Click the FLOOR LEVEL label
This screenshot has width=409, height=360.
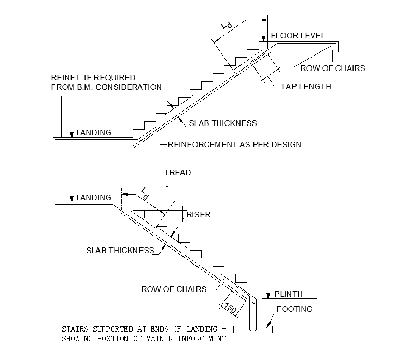(298, 36)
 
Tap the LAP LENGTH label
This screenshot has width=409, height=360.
(306, 87)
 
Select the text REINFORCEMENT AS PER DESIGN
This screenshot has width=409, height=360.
(234, 144)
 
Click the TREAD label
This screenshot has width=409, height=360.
(177, 173)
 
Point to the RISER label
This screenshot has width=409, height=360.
(199, 215)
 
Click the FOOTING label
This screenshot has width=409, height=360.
(294, 309)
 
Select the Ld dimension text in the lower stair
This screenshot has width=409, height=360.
(145, 195)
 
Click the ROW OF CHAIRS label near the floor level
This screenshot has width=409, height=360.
(333, 68)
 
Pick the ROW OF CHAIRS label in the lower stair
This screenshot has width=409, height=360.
(174, 289)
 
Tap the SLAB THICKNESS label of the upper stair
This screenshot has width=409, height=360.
(223, 123)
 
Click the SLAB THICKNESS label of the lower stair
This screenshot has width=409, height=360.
(120, 251)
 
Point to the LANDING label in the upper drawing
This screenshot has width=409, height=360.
(94, 133)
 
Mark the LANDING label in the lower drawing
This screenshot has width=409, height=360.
(94, 198)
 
